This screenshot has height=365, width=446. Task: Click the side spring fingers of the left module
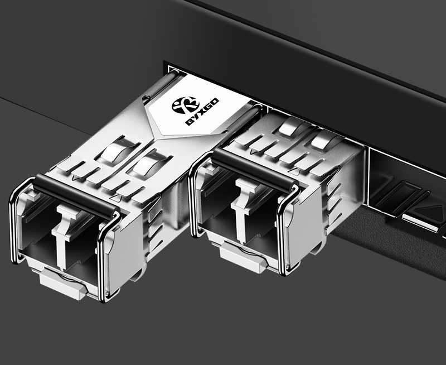[153, 223]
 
